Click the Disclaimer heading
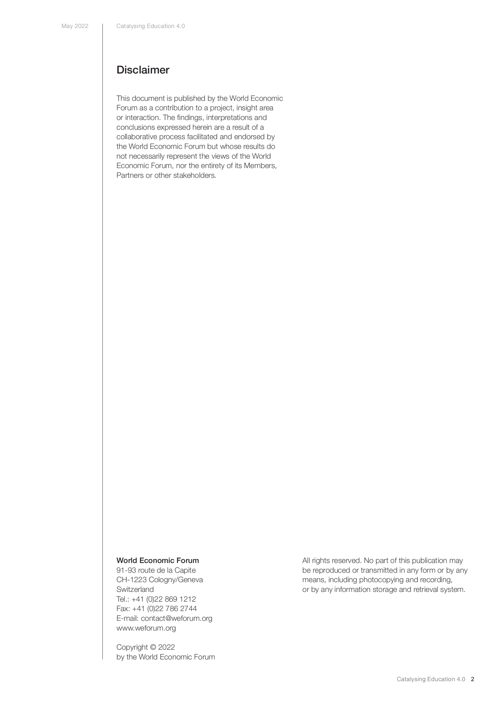pos(143,70)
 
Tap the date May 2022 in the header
pos(75,26)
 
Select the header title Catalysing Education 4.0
pos(150,26)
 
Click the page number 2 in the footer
pos(472,679)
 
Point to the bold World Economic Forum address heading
pos(158,560)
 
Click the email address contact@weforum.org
pos(176,618)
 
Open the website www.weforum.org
pos(146,628)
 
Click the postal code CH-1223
pos(132,579)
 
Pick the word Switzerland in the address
pos(135,589)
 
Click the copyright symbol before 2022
pos(153,647)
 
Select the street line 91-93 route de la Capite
pos(156,570)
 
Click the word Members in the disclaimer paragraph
pos(259,166)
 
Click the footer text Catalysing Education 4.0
pos(430,679)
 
